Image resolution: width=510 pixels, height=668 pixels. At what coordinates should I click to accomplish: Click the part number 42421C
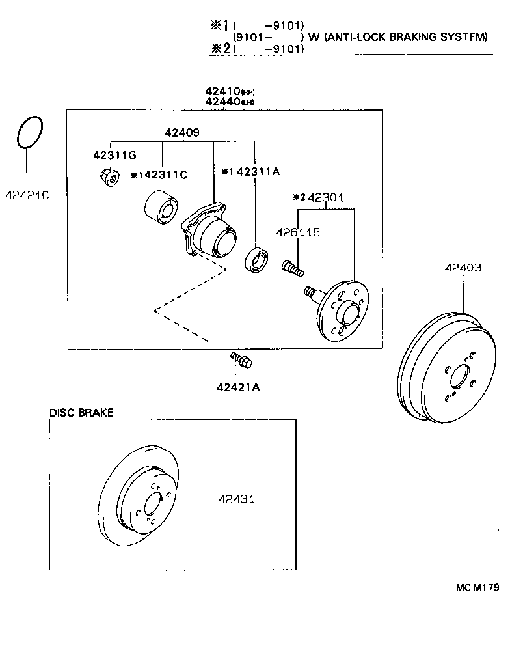(27, 195)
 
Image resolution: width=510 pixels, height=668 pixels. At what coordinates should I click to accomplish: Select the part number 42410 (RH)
(223, 92)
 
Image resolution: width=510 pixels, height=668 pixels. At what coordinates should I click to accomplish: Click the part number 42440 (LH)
(223, 102)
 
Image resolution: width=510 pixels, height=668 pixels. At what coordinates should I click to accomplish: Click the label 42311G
(114, 155)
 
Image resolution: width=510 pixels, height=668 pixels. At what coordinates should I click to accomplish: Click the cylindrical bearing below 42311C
(159, 206)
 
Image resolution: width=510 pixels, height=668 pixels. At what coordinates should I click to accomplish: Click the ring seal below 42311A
(256, 259)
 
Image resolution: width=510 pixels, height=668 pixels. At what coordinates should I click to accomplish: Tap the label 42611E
(297, 231)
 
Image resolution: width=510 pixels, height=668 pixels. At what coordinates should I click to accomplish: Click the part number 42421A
(238, 387)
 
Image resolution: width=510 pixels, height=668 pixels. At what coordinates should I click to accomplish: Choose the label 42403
(463, 267)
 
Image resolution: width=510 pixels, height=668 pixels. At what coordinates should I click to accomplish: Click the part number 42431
(235, 499)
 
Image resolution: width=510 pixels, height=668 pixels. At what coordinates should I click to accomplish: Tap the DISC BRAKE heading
(81, 412)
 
